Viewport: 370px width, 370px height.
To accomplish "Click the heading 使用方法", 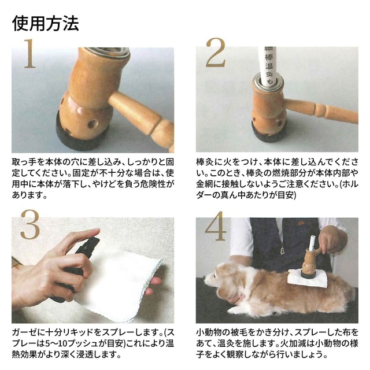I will (45, 23).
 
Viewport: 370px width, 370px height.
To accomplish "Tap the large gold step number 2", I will (215, 54).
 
